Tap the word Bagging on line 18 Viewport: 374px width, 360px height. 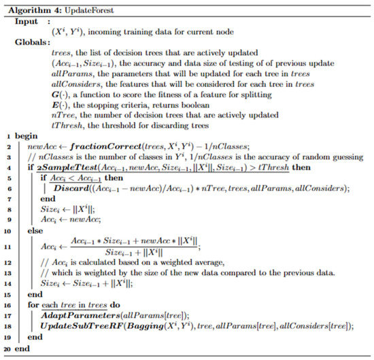coord(150,327)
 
